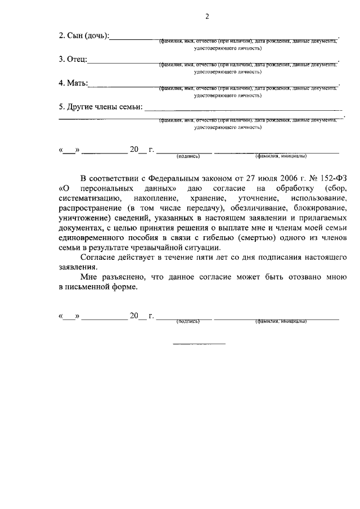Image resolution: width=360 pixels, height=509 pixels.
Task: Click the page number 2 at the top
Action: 206,16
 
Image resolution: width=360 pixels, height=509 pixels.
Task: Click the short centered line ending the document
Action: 199,343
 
